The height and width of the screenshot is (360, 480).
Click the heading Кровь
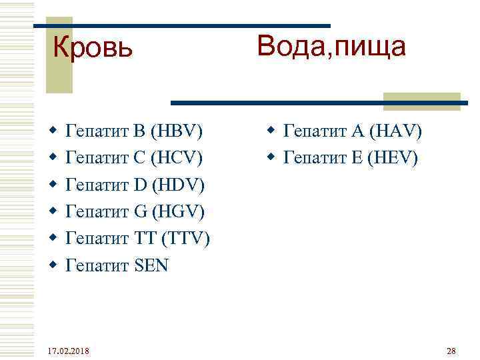click(x=93, y=47)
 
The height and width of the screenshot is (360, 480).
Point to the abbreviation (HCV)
click(x=177, y=159)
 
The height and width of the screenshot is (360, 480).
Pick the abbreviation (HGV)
click(x=179, y=212)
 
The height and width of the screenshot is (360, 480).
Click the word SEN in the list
click(x=151, y=265)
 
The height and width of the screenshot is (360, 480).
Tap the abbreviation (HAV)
click(x=393, y=131)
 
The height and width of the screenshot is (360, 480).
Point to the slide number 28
click(x=450, y=351)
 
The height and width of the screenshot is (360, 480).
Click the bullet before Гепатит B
click(x=54, y=132)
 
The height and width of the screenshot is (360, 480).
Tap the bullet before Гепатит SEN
click(x=54, y=266)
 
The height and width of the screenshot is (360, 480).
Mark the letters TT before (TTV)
click(x=144, y=239)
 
